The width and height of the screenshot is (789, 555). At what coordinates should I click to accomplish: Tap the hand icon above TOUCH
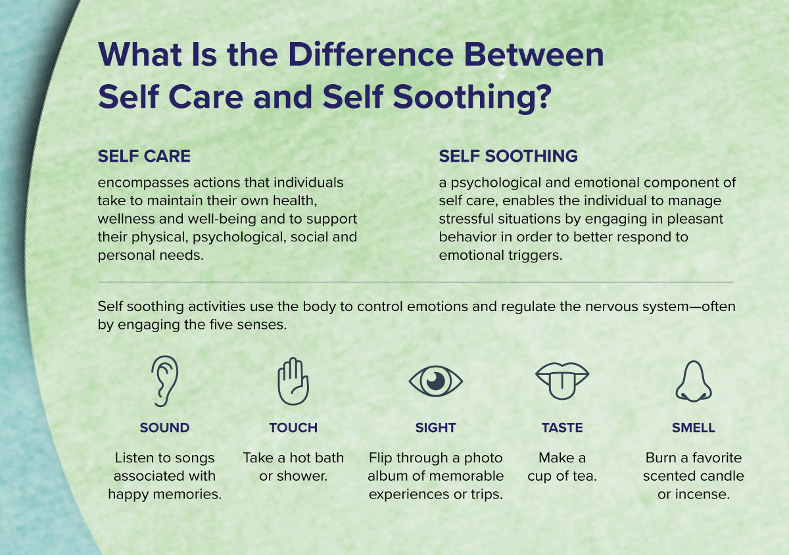[x=293, y=381]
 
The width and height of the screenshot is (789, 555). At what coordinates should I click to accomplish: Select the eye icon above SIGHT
[x=436, y=381]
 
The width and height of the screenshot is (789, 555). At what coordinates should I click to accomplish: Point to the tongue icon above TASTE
[x=562, y=381]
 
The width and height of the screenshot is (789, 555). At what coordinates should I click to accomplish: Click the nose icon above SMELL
[x=694, y=381]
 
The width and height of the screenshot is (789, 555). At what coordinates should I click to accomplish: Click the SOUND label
[x=164, y=427]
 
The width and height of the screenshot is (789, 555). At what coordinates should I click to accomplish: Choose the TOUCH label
[x=293, y=427]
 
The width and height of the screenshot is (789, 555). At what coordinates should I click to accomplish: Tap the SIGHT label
[x=436, y=427]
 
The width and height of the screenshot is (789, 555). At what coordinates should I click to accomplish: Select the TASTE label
[x=562, y=427]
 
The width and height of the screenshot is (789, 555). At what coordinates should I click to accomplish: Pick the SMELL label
[x=694, y=427]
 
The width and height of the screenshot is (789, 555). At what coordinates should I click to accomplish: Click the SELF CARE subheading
[x=144, y=156]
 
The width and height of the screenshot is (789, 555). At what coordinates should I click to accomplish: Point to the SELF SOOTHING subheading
[x=508, y=156]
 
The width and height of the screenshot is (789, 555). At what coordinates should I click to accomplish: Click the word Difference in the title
[x=371, y=55]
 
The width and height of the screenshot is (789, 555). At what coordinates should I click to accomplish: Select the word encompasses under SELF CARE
[x=143, y=183]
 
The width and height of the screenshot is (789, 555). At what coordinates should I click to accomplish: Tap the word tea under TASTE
[x=585, y=476]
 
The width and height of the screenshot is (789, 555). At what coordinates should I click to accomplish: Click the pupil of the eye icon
[x=436, y=381]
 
